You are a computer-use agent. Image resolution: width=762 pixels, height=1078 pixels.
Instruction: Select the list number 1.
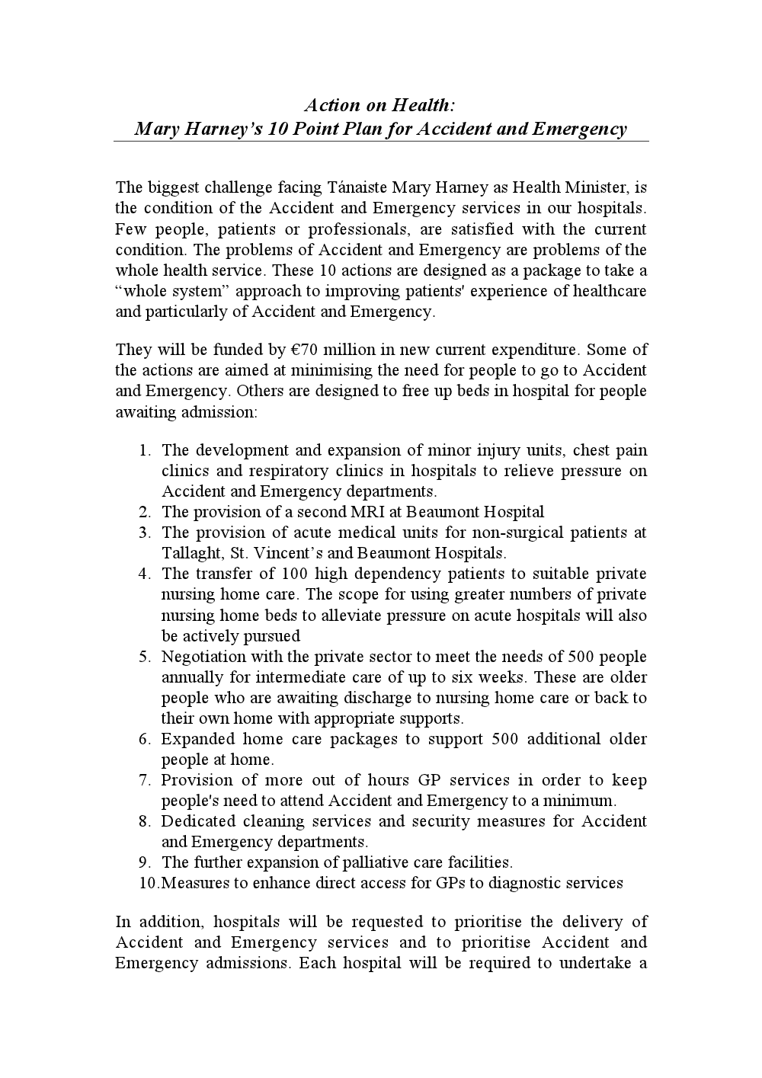tap(146, 450)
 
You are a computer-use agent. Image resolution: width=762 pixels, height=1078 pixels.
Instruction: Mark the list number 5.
tap(146, 657)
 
